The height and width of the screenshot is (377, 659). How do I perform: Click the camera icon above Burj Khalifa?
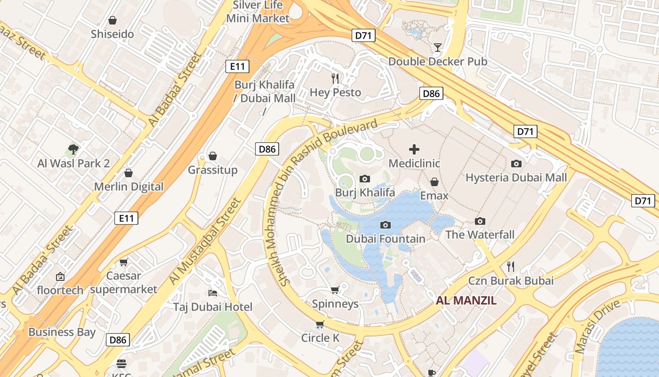(364, 179)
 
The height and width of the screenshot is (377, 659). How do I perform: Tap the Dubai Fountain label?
(386, 239)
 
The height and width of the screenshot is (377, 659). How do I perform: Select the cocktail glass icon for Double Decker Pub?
(438, 47)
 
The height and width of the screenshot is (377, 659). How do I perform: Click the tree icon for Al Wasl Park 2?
(73, 149)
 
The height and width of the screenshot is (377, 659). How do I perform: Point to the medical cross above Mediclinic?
(414, 149)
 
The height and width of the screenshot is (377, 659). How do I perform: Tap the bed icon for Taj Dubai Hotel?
(213, 293)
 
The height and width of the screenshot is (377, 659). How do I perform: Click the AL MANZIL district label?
(466, 301)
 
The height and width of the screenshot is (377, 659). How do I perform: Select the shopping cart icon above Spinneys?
(335, 290)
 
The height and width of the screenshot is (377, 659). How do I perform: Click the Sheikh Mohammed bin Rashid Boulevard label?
(320, 203)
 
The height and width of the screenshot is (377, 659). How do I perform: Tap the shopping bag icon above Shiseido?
(113, 20)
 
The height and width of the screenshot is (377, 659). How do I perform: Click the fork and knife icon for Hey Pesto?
(335, 78)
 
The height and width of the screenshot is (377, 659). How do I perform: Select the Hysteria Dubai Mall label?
(516, 178)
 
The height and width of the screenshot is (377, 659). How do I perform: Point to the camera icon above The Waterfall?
(480, 221)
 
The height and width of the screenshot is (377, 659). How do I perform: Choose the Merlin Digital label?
(129, 187)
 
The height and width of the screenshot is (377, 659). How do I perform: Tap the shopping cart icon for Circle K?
(320, 324)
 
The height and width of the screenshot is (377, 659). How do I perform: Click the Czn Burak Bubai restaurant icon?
(511, 267)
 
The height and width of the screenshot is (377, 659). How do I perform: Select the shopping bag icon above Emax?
(434, 182)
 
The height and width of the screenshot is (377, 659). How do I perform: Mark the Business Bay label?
(62, 332)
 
